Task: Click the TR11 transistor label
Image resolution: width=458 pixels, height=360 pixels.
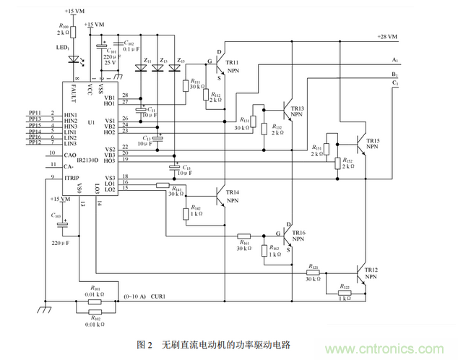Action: point(233,63)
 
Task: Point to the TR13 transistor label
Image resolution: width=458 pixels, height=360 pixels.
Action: point(297,108)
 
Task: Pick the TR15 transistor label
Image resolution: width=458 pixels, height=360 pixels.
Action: point(372,140)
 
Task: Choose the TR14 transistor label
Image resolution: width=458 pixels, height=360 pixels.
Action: point(232,192)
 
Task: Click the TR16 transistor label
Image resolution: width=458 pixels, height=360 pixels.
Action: point(298,233)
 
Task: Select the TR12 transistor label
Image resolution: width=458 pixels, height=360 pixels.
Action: point(371,270)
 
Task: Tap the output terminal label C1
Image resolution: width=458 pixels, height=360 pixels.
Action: point(394,83)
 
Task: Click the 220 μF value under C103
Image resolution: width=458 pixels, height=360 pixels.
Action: point(61,244)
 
